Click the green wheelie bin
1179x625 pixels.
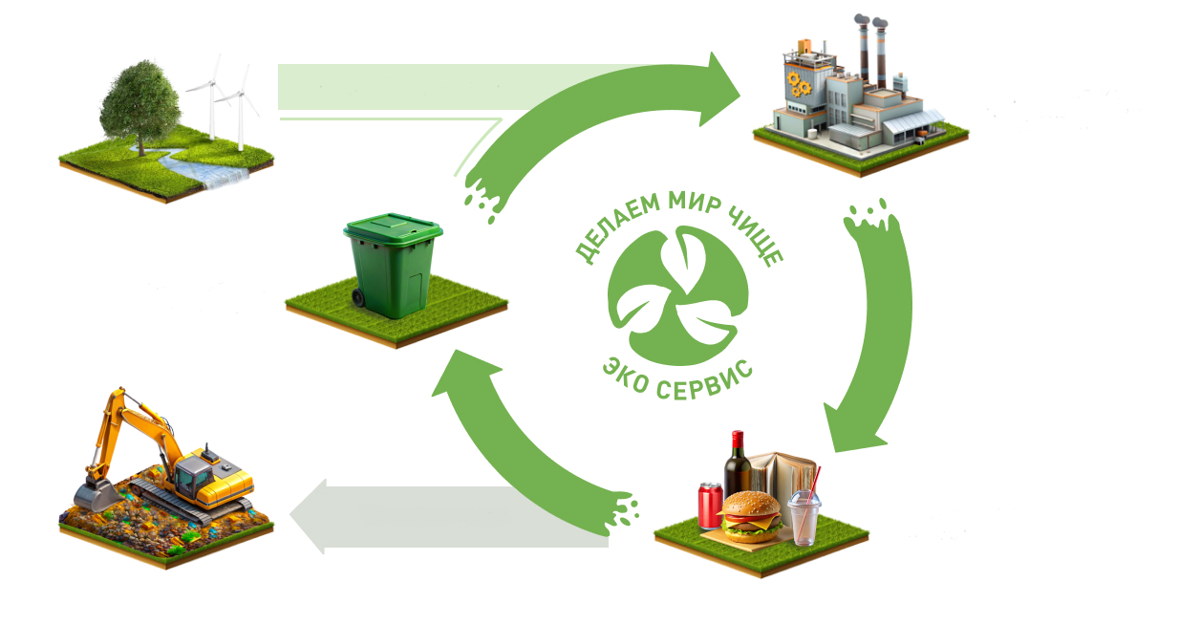(394, 266)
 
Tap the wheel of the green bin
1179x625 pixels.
(358, 298)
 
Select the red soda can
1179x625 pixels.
(710, 505)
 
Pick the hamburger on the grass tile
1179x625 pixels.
(751, 517)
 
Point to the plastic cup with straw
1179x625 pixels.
(804, 516)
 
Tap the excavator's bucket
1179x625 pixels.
(96, 495)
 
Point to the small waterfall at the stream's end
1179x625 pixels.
(226, 178)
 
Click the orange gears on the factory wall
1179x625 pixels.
(799, 84)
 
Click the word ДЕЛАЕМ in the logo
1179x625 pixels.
(617, 226)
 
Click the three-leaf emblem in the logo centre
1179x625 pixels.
(678, 296)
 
